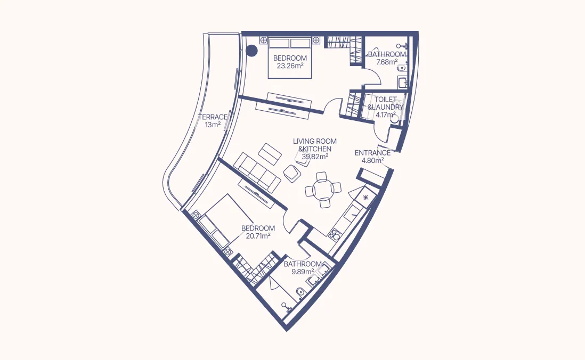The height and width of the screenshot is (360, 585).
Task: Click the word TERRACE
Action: point(213,117)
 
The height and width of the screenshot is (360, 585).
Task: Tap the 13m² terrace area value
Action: point(213,125)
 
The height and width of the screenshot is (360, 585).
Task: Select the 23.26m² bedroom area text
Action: point(290,66)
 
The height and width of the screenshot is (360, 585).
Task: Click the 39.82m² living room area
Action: point(314,157)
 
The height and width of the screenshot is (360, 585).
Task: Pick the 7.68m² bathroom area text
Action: point(387,62)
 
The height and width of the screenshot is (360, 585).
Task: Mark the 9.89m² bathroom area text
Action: point(302,271)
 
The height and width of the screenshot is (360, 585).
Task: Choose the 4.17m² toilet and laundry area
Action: point(385,114)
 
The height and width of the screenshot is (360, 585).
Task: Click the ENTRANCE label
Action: point(372,153)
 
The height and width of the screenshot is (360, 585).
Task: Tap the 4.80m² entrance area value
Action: point(372,160)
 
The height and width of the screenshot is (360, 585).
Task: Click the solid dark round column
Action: point(251,51)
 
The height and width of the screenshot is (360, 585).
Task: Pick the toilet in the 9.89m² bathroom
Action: point(300,291)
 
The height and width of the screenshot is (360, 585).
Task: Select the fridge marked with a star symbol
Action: point(365,198)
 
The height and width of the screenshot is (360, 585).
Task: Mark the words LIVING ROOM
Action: point(314,141)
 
